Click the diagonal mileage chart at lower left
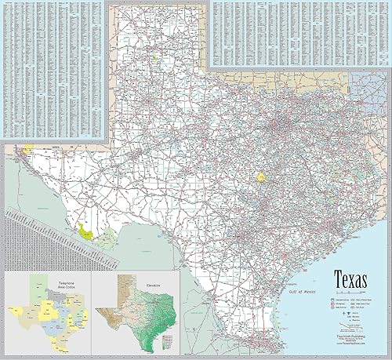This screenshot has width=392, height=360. (x=39, y=231)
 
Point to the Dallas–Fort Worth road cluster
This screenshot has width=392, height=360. (x=278, y=125)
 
